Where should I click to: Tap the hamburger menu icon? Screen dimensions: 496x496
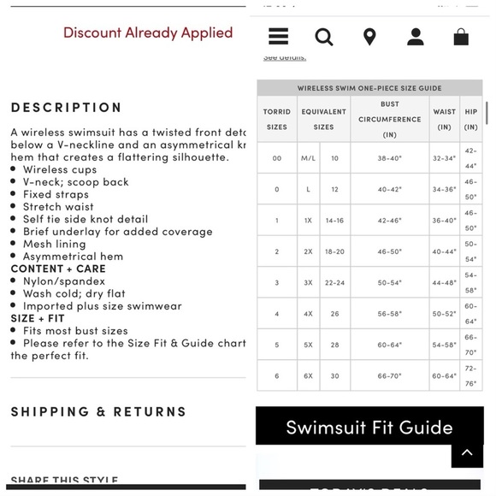(278, 37)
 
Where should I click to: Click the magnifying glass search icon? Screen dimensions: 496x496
(324, 37)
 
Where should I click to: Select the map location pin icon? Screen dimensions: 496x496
(369, 37)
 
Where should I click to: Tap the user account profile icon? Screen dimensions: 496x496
(416, 37)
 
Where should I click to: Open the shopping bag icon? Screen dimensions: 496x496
(461, 37)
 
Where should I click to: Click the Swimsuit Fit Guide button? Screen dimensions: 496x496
(369, 427)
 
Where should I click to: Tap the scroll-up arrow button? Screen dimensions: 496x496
(466, 452)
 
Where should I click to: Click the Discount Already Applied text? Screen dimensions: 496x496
(148, 33)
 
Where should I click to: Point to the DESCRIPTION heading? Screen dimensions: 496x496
(67, 108)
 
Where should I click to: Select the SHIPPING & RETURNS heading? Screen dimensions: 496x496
(98, 411)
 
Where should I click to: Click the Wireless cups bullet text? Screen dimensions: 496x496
(57, 169)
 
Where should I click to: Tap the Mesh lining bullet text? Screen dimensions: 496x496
(55, 244)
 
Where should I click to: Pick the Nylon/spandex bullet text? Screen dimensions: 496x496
(64, 281)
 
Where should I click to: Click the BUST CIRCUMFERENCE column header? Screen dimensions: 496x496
(389, 119)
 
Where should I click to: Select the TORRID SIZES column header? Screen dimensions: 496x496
(276, 119)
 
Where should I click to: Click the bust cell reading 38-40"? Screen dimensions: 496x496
(389, 158)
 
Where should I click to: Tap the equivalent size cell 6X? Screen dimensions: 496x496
(308, 376)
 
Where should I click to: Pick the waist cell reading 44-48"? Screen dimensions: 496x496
(444, 283)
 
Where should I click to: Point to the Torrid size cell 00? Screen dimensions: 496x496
(276, 158)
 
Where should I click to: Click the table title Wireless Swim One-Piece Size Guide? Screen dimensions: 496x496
(369, 88)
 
